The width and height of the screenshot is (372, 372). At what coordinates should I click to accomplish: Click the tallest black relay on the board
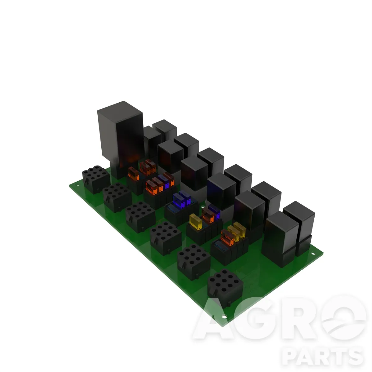coord(121,139)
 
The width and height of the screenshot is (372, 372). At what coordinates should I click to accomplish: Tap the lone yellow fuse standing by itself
coord(196,222)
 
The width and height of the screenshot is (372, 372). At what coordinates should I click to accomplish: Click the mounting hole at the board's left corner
coord(77,186)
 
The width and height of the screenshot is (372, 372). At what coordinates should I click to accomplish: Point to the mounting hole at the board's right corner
coord(313,254)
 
